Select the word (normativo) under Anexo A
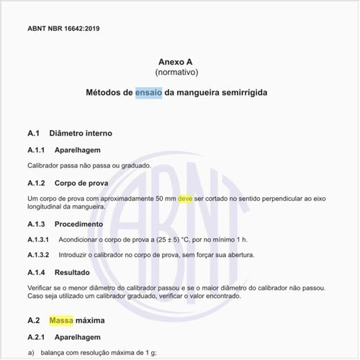click(176, 73)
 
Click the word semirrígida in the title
click(242, 93)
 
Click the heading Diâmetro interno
click(80, 133)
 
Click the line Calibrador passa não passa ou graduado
click(89, 166)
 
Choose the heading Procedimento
click(78, 224)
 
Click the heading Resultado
click(73, 272)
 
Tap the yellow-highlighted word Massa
click(61, 320)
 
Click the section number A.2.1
click(37, 336)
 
